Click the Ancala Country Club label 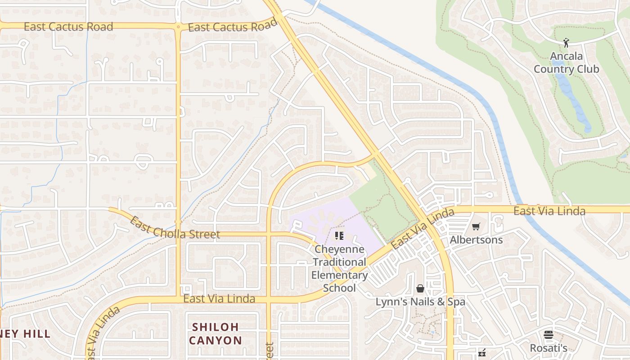click(566, 63)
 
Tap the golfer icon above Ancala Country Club click(566, 43)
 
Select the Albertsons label click(476, 239)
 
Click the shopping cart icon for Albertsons click(476, 226)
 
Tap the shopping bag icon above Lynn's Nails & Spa click(420, 288)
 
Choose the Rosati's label click(548, 348)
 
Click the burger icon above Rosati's click(548, 335)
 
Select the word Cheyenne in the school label click(340, 249)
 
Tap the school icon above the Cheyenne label click(339, 235)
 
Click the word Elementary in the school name click(339, 275)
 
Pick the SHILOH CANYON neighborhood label click(216, 333)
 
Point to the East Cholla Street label click(175, 229)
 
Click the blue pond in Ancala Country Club click(574, 99)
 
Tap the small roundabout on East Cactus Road click(179, 27)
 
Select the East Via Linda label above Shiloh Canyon click(219, 299)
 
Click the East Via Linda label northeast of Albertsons click(549, 211)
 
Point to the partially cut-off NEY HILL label click(25, 334)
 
